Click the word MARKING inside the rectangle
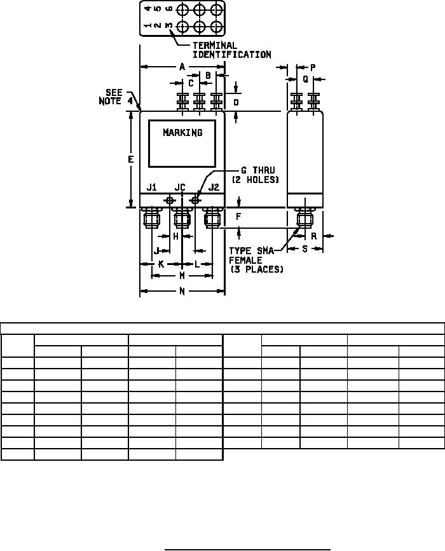183,132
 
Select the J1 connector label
151,187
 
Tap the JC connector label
180,187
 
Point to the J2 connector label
214,187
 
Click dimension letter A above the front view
182,67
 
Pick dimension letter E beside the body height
131,160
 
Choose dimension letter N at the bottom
182,291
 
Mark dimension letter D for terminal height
236,102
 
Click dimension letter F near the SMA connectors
238,217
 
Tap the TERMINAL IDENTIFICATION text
232,50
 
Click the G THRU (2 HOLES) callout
255,175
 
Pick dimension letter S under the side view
305,248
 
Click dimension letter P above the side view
313,67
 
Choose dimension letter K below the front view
161,264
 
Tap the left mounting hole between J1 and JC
170,201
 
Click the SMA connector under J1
151,218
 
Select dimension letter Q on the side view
305,79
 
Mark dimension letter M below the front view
182,276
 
